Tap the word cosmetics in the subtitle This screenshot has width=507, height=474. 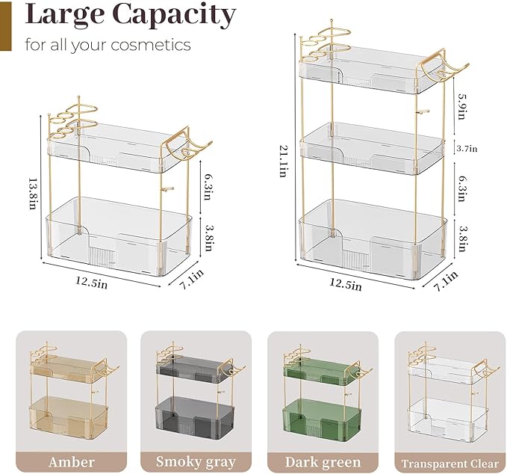click(x=151, y=45)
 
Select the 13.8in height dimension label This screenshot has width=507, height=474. click(x=33, y=193)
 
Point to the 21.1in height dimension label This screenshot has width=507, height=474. click(x=283, y=161)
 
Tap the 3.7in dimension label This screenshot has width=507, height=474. click(x=467, y=149)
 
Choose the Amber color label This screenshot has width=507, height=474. click(x=72, y=462)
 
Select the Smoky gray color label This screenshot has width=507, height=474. click(x=196, y=462)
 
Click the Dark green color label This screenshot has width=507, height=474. click(x=323, y=462)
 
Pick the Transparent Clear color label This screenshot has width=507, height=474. click(x=450, y=464)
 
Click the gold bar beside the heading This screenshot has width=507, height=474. click(x=5, y=25)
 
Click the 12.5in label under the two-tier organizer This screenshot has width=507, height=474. click(x=92, y=282)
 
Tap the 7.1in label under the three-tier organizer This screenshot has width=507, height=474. click(x=446, y=280)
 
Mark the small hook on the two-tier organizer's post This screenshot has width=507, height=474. click(x=168, y=188)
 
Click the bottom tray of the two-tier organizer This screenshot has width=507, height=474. click(x=119, y=236)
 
